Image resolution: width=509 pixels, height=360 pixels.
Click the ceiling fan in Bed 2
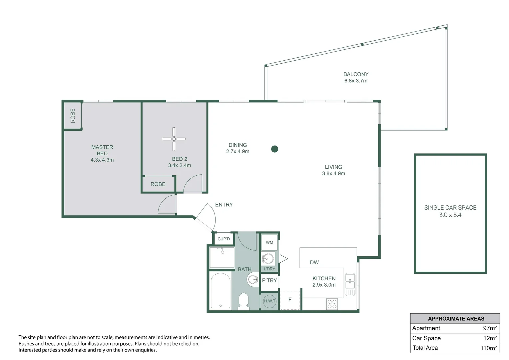pyautogui.click(x=174, y=139)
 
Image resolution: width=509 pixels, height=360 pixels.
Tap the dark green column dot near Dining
pyautogui.click(x=274, y=149)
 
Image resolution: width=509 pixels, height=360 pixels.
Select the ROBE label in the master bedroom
pyautogui.click(x=73, y=116)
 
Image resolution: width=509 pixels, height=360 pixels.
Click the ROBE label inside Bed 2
pyautogui.click(x=158, y=184)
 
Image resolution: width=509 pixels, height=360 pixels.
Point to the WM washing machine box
pyautogui.click(x=269, y=243)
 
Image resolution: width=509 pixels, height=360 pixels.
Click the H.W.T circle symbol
pyautogui.click(x=269, y=301)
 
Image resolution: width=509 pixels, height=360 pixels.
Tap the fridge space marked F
pyautogui.click(x=290, y=300)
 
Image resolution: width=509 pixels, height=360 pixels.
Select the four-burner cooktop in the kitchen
pyautogui.click(x=332, y=304)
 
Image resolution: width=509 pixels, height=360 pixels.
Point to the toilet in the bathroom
pyautogui.click(x=244, y=301)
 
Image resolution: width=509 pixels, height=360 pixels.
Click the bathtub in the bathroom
pyautogui.click(x=221, y=291)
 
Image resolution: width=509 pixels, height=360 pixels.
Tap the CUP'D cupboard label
pyautogui.click(x=224, y=239)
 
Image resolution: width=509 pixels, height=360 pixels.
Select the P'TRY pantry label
pyautogui.click(x=269, y=280)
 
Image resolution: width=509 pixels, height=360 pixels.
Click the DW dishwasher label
pyautogui.click(x=314, y=262)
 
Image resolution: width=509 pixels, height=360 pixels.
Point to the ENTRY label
pyautogui.click(x=224, y=205)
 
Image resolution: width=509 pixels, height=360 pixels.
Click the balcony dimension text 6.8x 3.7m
pyautogui.click(x=356, y=81)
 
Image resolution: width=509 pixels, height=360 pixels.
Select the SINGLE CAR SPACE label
pyautogui.click(x=450, y=208)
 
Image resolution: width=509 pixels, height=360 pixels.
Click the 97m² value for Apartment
pyautogui.click(x=490, y=328)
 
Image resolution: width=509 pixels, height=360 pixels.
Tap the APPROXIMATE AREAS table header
pyautogui.click(x=456, y=319)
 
